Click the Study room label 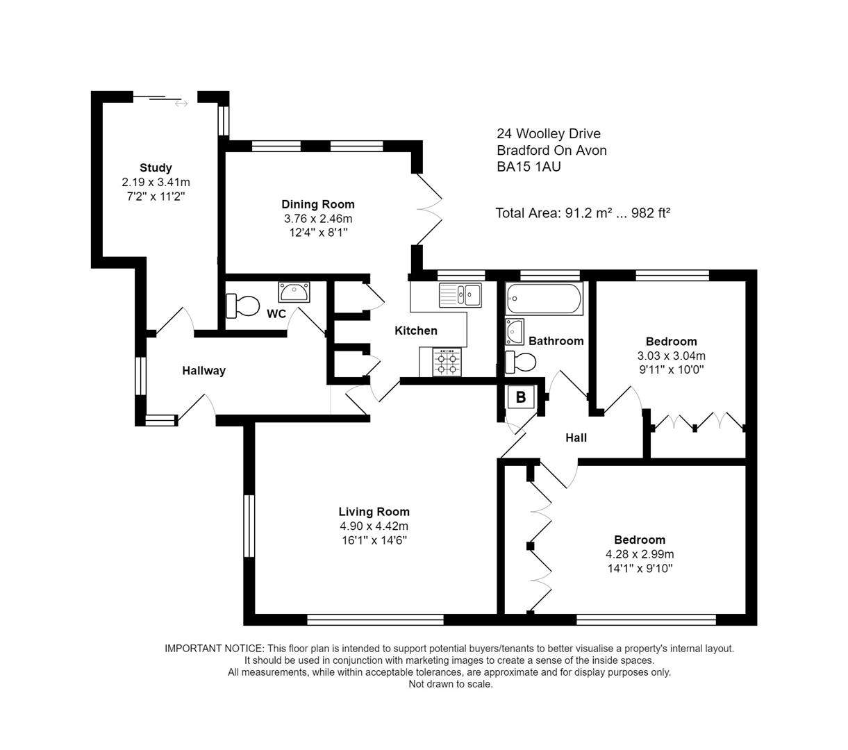click(156, 167)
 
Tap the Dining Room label click(318, 204)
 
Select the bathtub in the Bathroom click(544, 299)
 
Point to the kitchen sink click(460, 295)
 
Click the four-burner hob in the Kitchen click(447, 362)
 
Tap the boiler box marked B click(521, 398)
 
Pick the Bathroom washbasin click(514, 332)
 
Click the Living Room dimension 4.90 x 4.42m click(374, 526)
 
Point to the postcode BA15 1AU click(529, 167)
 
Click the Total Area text click(582, 213)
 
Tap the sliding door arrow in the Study click(181, 104)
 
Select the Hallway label click(203, 371)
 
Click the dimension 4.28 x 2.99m click(640, 554)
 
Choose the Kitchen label click(416, 331)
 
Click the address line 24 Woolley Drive click(548, 133)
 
